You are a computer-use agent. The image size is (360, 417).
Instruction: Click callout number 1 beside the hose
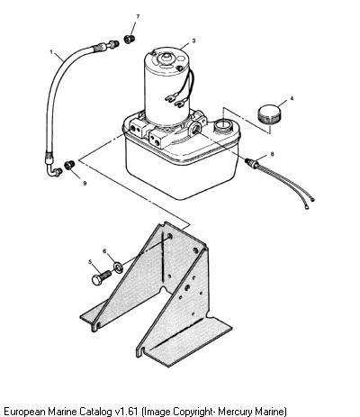[x=51, y=52]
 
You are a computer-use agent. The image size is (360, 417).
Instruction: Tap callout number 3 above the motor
[x=193, y=41]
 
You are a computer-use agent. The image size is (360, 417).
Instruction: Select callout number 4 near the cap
[x=292, y=98]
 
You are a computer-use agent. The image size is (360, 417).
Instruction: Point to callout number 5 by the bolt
[x=90, y=262]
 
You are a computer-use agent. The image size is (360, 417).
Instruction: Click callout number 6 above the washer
[x=104, y=250]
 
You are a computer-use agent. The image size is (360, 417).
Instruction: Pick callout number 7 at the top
[x=138, y=16]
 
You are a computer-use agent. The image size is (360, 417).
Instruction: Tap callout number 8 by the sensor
[x=272, y=154]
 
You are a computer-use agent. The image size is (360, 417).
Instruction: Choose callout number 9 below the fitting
[x=85, y=183]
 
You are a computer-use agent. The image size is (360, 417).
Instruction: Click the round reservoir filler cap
[x=269, y=113]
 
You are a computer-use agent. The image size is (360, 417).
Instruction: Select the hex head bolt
[x=101, y=277]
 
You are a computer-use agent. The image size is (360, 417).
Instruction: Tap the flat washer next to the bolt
[x=118, y=267]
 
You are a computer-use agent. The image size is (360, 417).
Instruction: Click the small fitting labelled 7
[x=130, y=39]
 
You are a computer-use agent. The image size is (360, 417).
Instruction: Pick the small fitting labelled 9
[x=69, y=165]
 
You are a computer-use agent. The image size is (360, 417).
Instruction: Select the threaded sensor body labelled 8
[x=252, y=163]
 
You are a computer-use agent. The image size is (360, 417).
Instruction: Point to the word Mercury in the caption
[x=235, y=411]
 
